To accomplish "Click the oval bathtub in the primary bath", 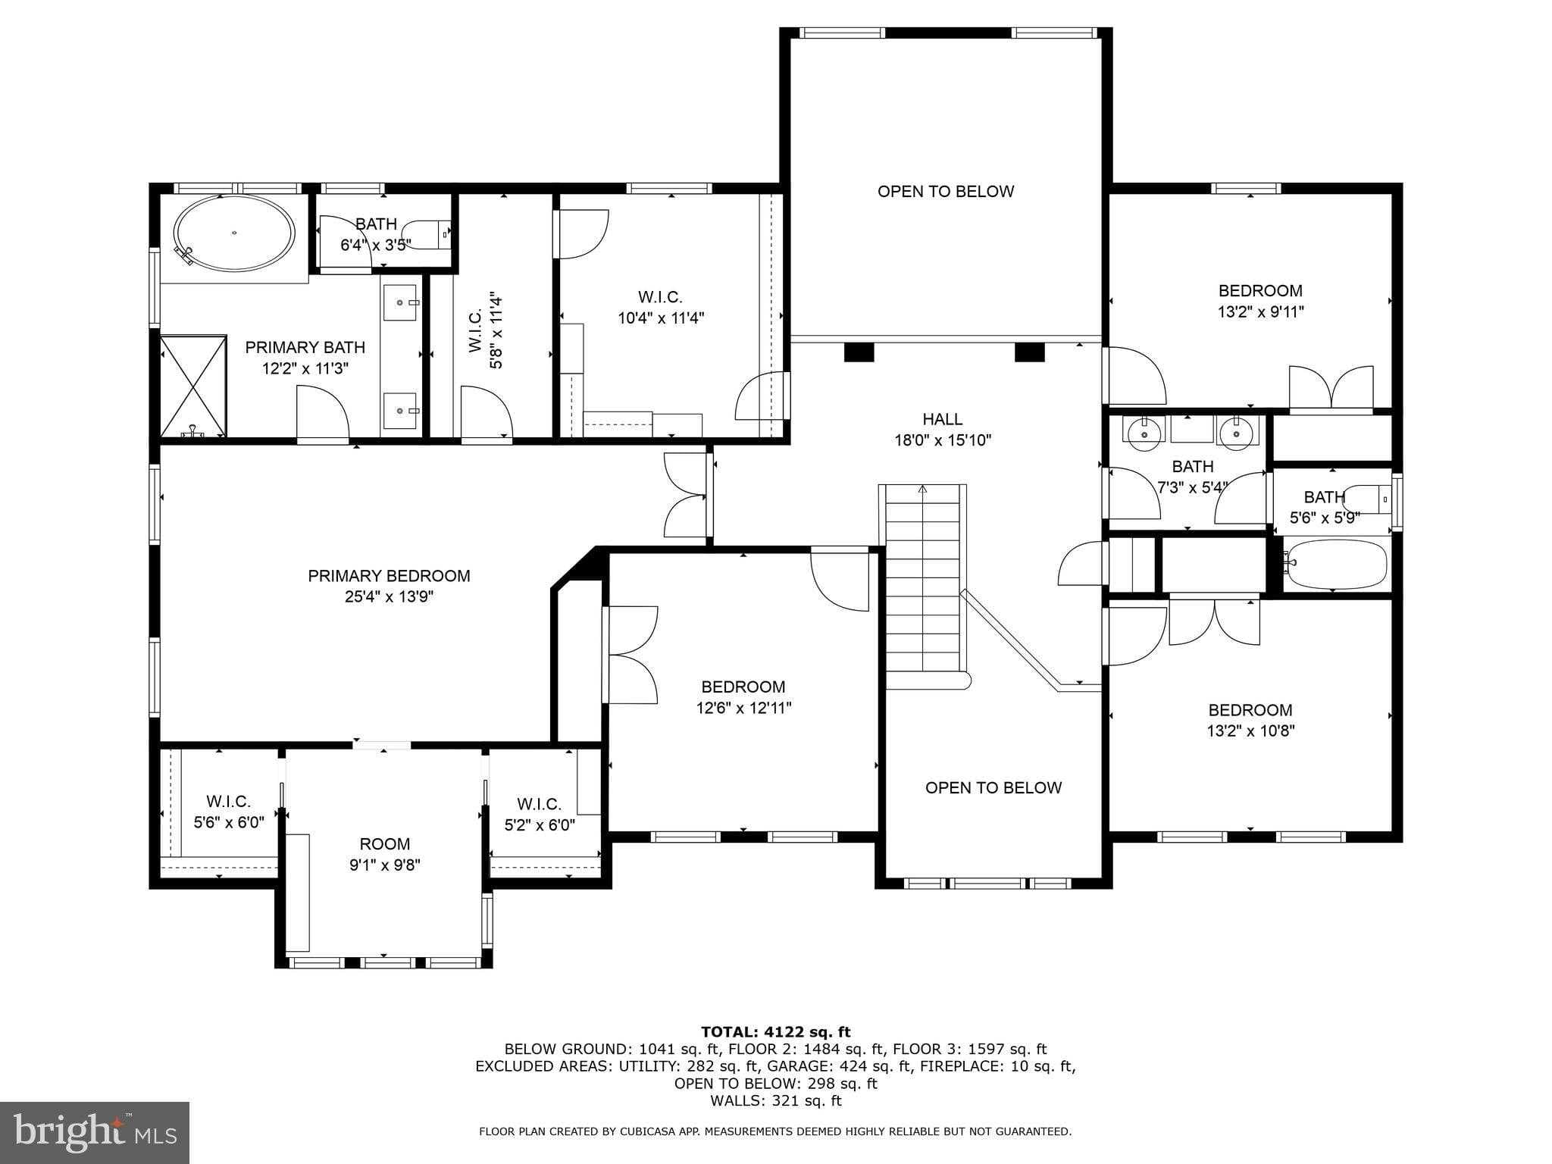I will coord(234,233).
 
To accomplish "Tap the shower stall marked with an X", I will coord(193,386).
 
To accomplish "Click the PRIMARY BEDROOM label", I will coord(389,576).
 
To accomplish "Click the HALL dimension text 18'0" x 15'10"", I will coord(943,440).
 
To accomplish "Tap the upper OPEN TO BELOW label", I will coord(945,192).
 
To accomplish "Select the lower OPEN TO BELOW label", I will coord(993,788).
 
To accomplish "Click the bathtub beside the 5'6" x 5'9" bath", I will coord(1335,565).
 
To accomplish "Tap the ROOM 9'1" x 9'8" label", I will coord(384,854).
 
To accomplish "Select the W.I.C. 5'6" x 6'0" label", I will coord(228,812).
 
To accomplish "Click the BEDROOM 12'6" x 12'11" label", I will coord(743,697).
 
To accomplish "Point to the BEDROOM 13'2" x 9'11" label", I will coord(1260,301).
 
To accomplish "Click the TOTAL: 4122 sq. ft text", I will coord(775,1031).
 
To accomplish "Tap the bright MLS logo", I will coord(95,1132).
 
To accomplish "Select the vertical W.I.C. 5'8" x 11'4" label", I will coord(485,331).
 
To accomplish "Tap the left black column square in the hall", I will coord(859,353).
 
